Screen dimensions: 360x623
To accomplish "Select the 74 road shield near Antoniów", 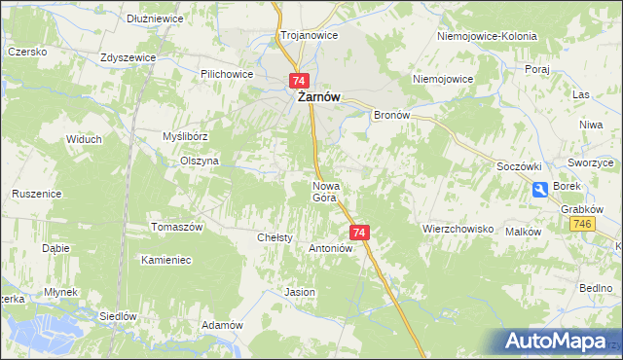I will click(x=359, y=233).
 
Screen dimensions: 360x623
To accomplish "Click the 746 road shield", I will click(x=583, y=224).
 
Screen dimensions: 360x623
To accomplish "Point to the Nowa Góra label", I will click(x=324, y=191).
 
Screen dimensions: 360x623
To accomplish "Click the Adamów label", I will click(x=221, y=325).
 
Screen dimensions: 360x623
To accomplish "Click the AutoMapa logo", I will click(x=556, y=340).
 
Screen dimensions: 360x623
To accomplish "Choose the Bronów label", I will click(x=394, y=114).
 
